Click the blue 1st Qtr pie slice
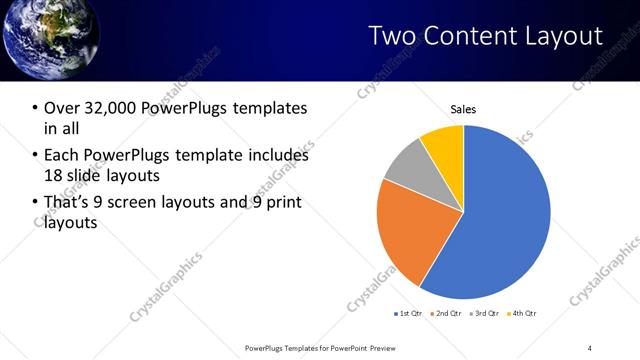(500, 210)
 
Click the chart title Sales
(463, 109)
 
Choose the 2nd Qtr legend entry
(445, 314)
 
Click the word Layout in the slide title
(565, 36)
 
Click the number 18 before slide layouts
(53, 175)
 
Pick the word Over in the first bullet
(61, 108)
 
